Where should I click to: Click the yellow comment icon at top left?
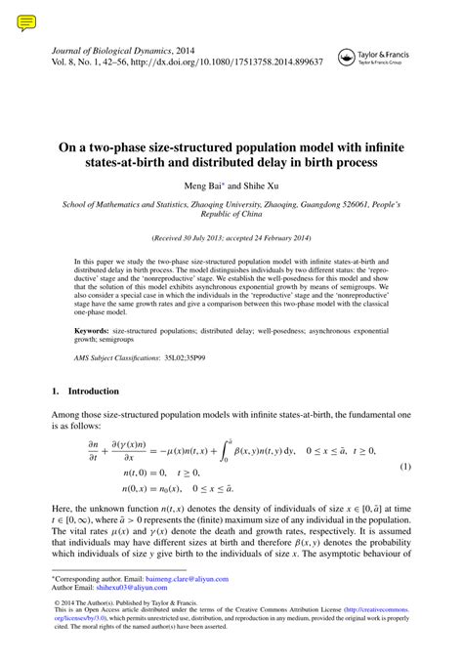(26, 21)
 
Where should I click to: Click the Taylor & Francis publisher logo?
(376, 58)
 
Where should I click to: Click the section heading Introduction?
(94, 392)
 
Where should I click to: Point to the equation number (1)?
(404, 467)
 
